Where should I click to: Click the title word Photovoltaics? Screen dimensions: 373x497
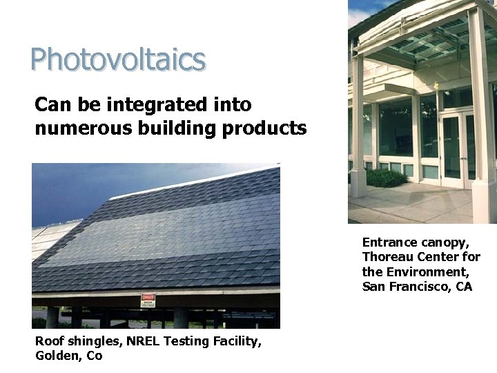pyautogui.click(x=118, y=59)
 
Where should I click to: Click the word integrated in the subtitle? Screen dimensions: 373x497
pyautogui.click(x=170, y=105)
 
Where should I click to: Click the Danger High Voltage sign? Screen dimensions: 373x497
pyautogui.click(x=148, y=300)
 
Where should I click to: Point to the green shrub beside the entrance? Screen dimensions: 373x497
pyautogui.click(x=386, y=178)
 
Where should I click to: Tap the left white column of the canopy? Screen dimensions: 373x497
pyautogui.click(x=358, y=124)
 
